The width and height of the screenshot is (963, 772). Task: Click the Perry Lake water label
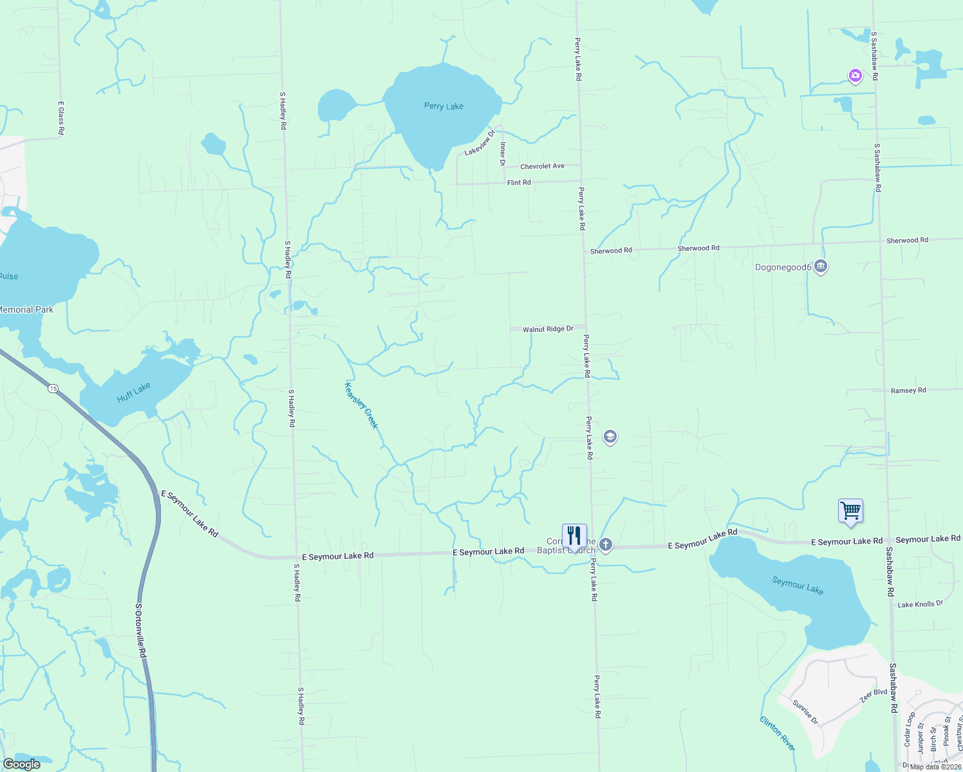[444, 106]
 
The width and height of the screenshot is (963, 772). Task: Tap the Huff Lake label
[134, 392]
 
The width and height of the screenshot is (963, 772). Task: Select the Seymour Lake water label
[798, 585]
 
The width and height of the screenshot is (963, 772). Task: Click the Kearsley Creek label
[361, 406]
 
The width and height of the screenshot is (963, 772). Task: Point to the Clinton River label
[778, 733]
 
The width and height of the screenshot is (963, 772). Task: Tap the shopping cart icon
[850, 511]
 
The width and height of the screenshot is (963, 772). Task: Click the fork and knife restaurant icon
[574, 535]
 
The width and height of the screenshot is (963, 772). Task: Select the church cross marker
[605, 545]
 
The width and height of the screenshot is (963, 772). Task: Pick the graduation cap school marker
[610, 437]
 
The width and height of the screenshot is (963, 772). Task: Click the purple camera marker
[855, 77]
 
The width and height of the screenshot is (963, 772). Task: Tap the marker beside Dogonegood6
[820, 266]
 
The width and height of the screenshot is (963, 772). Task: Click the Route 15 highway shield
[53, 389]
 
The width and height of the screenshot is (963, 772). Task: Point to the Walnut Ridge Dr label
[548, 329]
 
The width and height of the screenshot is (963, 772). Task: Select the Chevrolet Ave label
[542, 166]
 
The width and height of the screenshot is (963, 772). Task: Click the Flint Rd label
[519, 183]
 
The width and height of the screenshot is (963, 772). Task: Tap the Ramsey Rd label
[908, 391]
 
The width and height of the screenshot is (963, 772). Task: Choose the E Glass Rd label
[61, 118]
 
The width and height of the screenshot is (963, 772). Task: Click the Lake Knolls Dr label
[920, 604]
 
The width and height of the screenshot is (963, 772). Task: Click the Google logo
[22, 764]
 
